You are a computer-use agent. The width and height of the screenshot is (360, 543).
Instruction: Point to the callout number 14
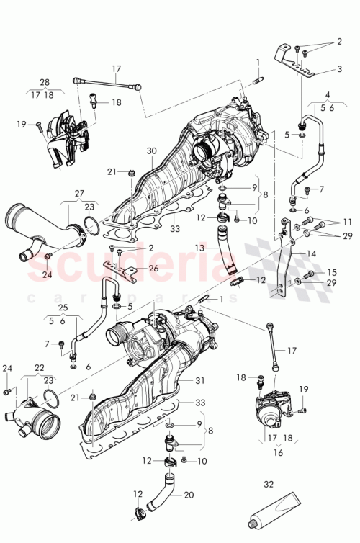(312, 254)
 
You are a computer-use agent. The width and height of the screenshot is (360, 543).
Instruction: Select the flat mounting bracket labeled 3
(292, 63)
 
